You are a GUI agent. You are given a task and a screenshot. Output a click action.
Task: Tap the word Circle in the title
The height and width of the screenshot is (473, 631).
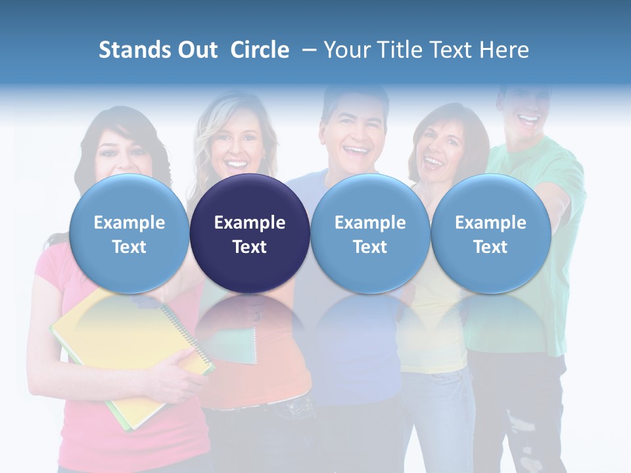[260, 50]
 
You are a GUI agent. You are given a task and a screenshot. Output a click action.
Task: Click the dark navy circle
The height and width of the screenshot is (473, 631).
[250, 234]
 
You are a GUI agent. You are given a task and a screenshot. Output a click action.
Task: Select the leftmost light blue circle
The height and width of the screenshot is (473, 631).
[129, 234]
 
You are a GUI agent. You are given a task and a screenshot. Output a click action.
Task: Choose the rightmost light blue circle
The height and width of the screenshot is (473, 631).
[490, 234]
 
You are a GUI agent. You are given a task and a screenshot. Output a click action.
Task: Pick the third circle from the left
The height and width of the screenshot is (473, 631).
[370, 234]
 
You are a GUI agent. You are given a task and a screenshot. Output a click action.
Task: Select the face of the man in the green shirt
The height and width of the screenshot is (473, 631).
[529, 108]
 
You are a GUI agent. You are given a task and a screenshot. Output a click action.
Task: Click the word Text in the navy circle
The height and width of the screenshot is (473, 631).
[250, 247]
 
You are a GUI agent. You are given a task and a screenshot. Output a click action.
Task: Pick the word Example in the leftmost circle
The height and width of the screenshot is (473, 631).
[129, 223]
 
